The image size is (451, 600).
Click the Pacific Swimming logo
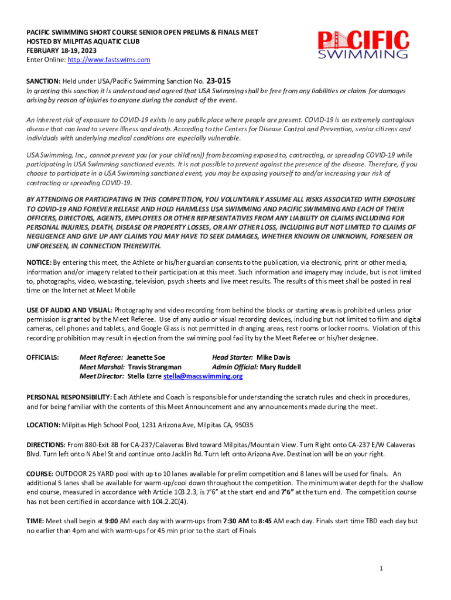pyautogui.click(x=363, y=45)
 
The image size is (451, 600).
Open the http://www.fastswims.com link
pyautogui.click(x=109, y=60)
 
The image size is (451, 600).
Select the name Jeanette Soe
pyautogui.click(x=146, y=357)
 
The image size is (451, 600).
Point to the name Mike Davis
pyautogui.click(x=274, y=357)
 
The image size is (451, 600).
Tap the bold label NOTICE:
pyautogui.click(x=39, y=262)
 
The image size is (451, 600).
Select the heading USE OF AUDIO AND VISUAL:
pyautogui.click(x=70, y=309)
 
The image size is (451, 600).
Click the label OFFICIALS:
pyautogui.click(x=43, y=357)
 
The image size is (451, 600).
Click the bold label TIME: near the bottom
pyautogui.click(x=35, y=520)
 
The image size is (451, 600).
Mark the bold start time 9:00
pyautogui.click(x=112, y=520)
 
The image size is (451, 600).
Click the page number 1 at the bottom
pyautogui.click(x=381, y=568)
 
